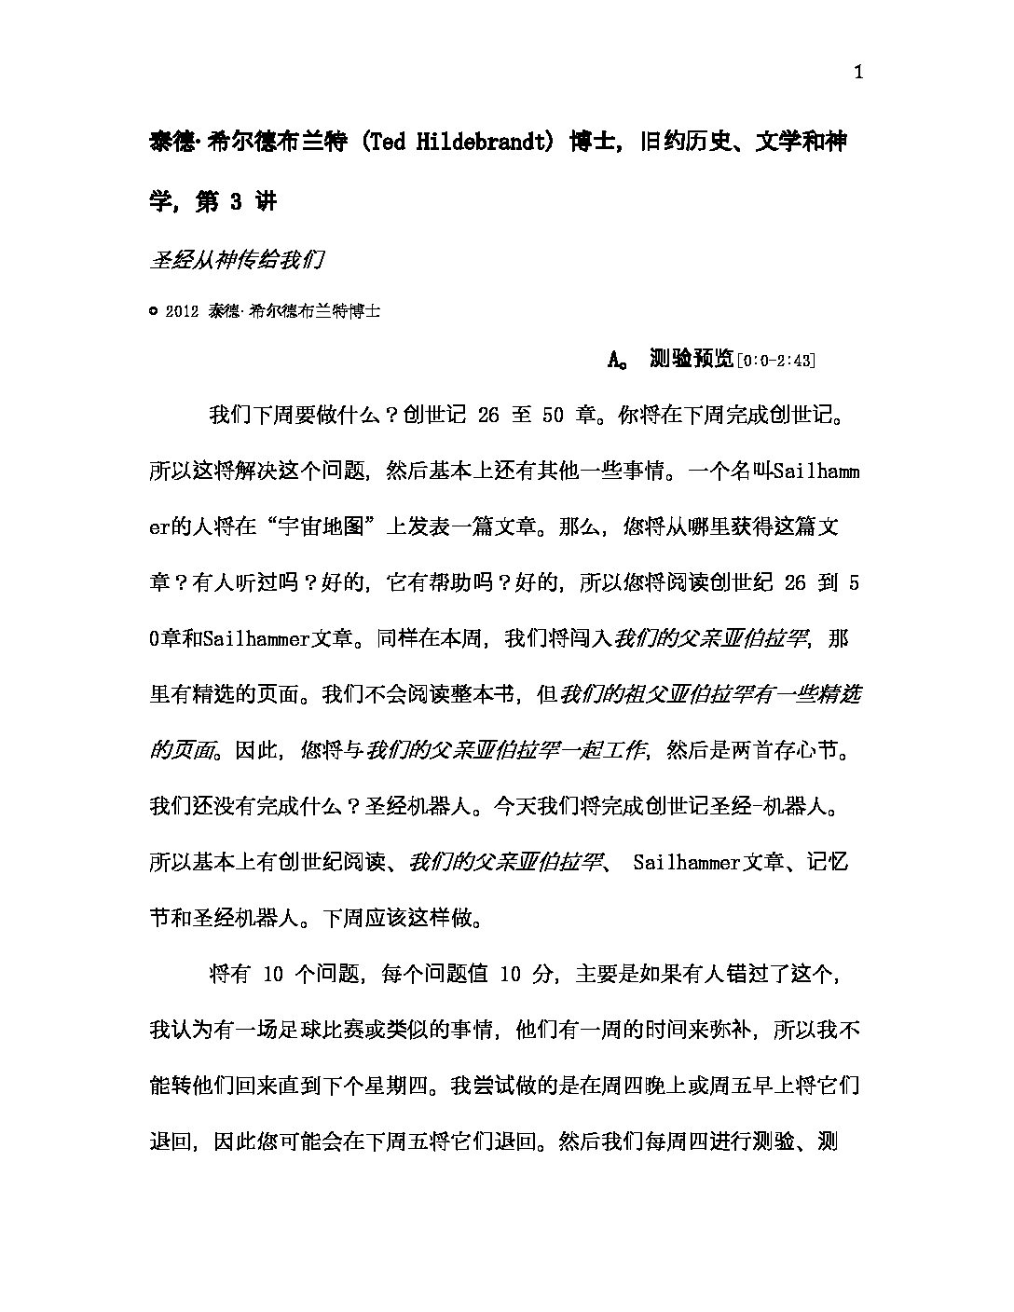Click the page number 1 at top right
(x=858, y=74)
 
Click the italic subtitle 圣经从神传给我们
(x=236, y=260)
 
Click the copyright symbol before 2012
(x=154, y=312)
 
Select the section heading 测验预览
(x=692, y=359)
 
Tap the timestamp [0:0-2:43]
(x=775, y=360)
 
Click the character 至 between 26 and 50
(x=521, y=416)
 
